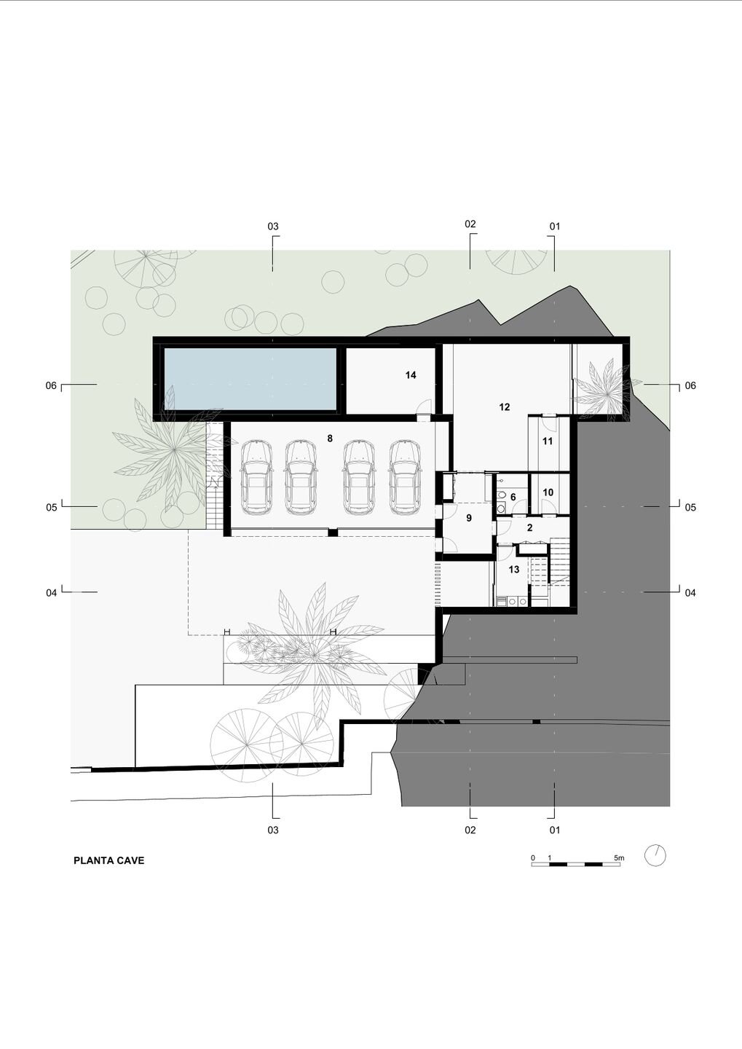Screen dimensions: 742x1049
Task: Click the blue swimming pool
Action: point(250,379)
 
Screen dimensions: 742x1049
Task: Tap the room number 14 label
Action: point(411,375)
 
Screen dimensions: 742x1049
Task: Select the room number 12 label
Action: point(504,407)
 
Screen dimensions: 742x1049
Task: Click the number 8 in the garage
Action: point(330,439)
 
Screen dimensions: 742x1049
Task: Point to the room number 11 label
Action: point(548,441)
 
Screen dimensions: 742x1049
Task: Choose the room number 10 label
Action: point(548,492)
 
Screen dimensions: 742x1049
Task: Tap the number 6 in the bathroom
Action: point(513,497)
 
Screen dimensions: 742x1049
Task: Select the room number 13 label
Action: point(513,570)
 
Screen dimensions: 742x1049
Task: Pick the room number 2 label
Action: point(530,527)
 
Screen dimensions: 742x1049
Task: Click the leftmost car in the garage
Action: point(256,476)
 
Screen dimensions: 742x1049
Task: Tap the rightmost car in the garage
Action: point(406,476)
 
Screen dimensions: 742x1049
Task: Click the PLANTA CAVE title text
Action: point(108,861)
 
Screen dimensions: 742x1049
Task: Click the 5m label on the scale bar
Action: point(619,858)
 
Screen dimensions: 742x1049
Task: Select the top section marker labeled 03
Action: point(273,227)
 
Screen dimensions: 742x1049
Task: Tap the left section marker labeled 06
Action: point(51,385)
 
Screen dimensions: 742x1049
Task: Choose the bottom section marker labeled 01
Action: point(555,830)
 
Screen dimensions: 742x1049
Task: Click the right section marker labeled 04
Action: point(690,593)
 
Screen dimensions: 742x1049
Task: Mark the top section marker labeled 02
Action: point(470,224)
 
